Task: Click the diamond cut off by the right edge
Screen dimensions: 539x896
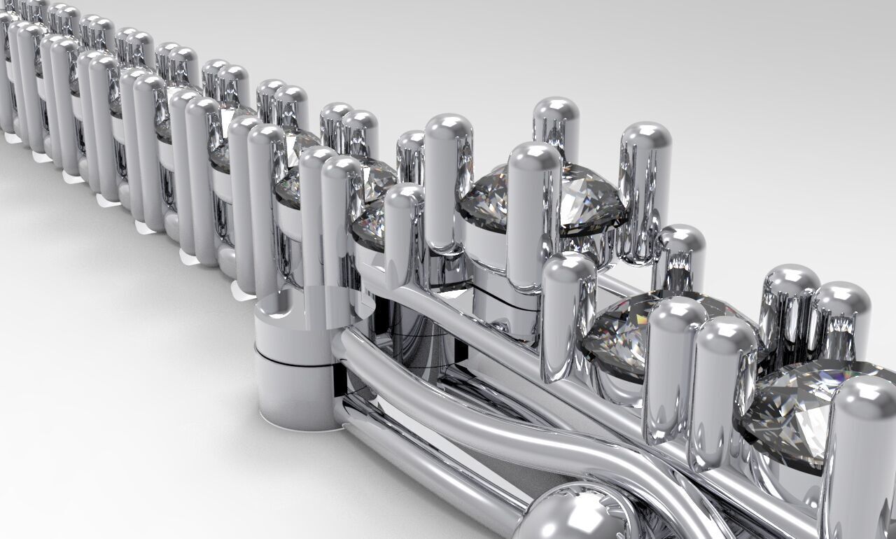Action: pyautogui.click(x=805, y=413)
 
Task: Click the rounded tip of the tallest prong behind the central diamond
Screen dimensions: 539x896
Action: pyautogui.click(x=556, y=112)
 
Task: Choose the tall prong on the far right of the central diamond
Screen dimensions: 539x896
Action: pyautogui.click(x=644, y=189)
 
